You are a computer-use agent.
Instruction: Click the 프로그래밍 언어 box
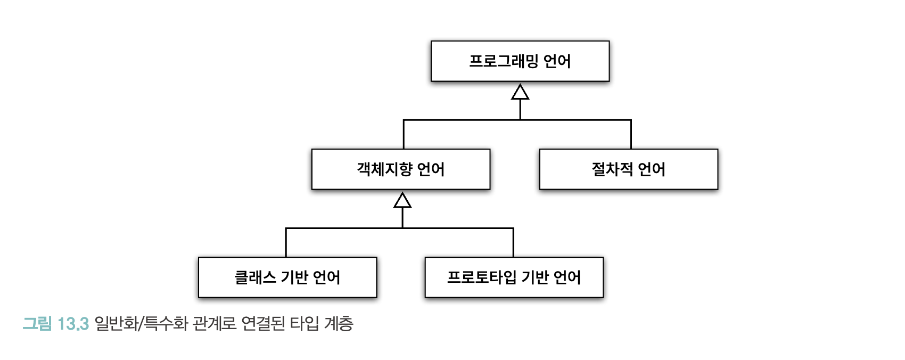[x=520, y=61]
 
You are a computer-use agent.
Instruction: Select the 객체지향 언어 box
[x=401, y=169]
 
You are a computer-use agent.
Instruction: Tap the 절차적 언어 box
[x=629, y=169]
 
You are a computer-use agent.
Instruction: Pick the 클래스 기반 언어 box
[x=287, y=277]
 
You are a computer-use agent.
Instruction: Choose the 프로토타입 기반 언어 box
[x=514, y=277]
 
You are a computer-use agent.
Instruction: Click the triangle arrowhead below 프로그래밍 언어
[x=520, y=92]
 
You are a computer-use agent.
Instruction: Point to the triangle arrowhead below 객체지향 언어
[x=402, y=200]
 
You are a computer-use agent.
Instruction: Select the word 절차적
[x=612, y=169]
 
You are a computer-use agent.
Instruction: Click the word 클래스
[x=256, y=277]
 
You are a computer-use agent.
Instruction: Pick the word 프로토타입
[x=482, y=277]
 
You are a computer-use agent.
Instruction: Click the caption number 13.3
[x=73, y=324]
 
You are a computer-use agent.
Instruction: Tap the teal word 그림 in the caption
[x=37, y=324]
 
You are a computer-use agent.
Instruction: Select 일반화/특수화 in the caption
[x=141, y=324]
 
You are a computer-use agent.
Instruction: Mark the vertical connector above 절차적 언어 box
[x=631, y=134]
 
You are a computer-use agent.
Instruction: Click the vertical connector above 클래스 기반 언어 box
[x=286, y=242]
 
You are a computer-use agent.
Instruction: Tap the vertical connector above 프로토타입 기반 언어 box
[x=513, y=242]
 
